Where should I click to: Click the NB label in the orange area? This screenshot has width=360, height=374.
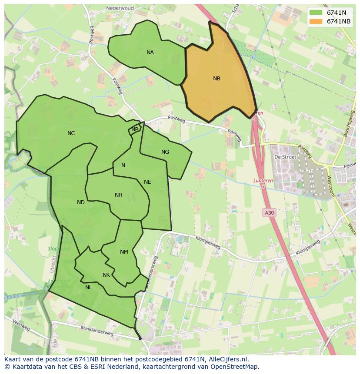[217, 79]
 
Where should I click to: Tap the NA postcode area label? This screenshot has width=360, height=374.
[150, 53]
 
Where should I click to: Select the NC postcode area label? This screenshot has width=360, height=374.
[71, 133]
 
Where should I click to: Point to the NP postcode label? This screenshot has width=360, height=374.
[135, 129]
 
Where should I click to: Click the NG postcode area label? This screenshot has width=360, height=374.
[165, 152]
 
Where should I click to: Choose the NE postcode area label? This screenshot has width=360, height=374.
[147, 182]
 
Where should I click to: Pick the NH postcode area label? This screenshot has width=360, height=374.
[118, 195]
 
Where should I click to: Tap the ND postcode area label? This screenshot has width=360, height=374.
[81, 202]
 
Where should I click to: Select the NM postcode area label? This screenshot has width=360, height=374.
[124, 252]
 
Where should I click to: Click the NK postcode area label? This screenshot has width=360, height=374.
[106, 275]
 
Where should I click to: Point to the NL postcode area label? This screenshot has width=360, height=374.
[88, 288]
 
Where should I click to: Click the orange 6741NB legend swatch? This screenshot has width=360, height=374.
[316, 21]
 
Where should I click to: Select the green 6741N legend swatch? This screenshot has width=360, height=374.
[316, 13]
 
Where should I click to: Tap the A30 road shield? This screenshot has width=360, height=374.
[269, 212]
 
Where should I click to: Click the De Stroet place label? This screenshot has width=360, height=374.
[285, 157]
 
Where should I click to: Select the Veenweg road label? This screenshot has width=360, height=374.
[20, 326]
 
